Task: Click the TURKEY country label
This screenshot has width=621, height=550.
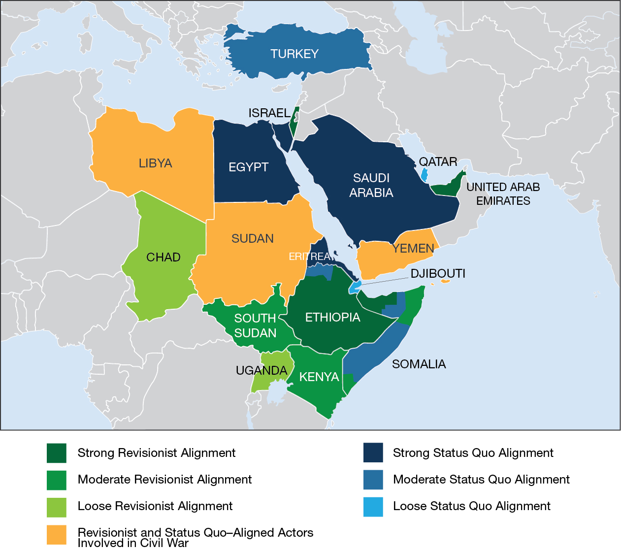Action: [x=294, y=54]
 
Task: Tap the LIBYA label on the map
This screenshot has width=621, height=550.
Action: [x=155, y=163]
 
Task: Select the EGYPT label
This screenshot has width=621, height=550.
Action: [x=248, y=167]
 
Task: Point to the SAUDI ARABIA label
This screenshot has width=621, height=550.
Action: [x=371, y=185]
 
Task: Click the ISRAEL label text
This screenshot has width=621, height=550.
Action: [x=269, y=113]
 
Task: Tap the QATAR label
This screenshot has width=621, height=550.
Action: [x=438, y=162]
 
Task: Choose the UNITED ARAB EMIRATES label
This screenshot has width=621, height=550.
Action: [x=503, y=194]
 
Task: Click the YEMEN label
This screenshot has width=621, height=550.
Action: [x=413, y=248]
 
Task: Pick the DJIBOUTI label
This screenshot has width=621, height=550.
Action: [x=438, y=274]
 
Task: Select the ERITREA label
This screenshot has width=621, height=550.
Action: [x=309, y=257]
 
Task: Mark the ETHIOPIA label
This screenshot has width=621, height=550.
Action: [x=332, y=318]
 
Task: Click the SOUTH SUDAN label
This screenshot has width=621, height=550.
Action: [x=255, y=325]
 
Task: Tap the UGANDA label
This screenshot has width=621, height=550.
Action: [x=261, y=370]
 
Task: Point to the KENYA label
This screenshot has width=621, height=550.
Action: [x=319, y=377]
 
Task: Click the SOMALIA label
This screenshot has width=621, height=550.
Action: [x=419, y=364]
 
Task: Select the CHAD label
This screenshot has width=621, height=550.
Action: [x=163, y=257]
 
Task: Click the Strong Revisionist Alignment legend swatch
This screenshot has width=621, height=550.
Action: [x=57, y=453]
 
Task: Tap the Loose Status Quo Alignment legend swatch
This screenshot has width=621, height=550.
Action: [x=373, y=507]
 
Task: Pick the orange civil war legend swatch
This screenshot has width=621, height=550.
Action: [x=57, y=535]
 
